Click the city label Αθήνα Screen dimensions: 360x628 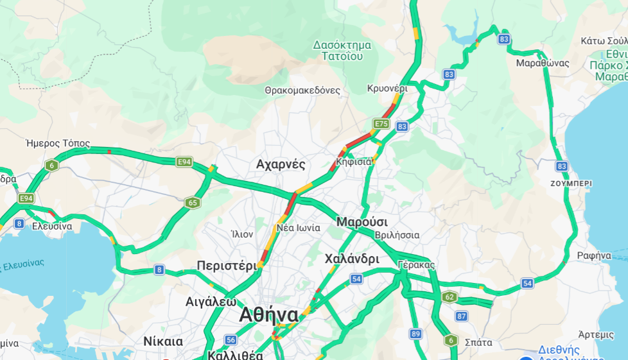[268, 315]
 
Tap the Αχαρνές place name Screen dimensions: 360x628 [281, 164]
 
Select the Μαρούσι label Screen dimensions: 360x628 [362, 221]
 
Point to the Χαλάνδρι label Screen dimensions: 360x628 [352, 259]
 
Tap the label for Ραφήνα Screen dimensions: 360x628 [593, 255]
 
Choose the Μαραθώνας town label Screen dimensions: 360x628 [543, 63]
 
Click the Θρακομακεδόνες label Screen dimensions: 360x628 [302, 90]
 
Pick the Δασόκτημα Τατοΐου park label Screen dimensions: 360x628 [342, 50]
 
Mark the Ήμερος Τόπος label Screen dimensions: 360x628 [58, 143]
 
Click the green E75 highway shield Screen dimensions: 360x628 [381, 123]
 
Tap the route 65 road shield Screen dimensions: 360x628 [193, 203]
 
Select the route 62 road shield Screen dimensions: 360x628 [449, 296]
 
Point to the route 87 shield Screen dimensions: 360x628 [461, 316]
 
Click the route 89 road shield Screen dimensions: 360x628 [416, 333]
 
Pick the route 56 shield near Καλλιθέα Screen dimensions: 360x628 [231, 339]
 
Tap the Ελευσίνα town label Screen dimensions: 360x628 [52, 226]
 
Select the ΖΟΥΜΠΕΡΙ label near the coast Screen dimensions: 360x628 [571, 184]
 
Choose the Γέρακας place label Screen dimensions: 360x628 [416, 264]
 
